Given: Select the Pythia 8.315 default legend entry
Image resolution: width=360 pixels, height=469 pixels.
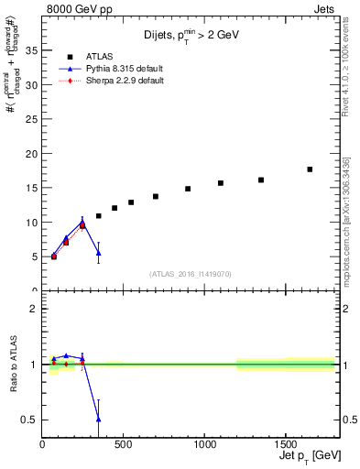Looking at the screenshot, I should [x=105, y=69].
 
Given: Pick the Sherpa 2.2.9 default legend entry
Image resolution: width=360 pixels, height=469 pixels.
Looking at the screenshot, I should [x=105, y=81].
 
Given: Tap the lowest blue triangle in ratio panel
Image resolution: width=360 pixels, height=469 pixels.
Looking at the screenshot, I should [x=98, y=419].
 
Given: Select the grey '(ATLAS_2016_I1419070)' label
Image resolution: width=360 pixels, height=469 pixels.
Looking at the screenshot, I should [x=190, y=274].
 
